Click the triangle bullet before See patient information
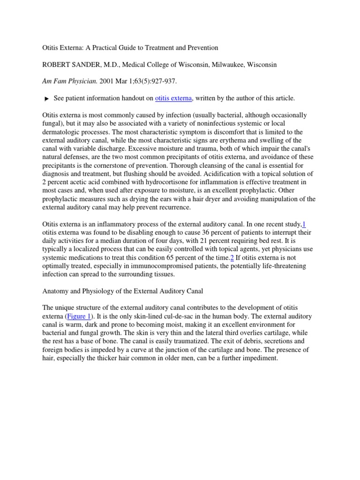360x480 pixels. click(x=46, y=98)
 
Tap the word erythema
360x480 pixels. click(x=247, y=140)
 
